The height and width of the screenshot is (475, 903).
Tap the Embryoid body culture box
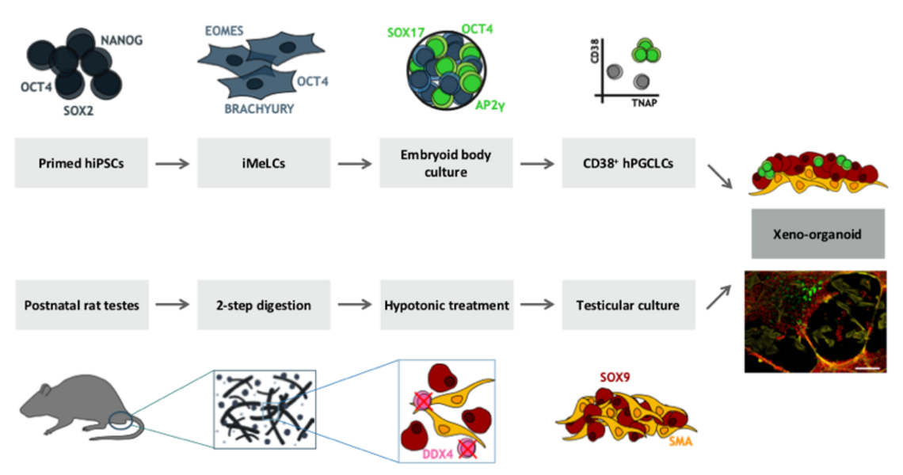click(x=446, y=163)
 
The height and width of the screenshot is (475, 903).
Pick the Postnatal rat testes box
click(x=82, y=305)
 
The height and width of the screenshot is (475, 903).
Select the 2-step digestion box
click(x=264, y=305)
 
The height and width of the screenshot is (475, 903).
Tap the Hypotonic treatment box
click(x=446, y=305)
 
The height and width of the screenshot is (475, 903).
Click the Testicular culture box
click(x=629, y=305)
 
